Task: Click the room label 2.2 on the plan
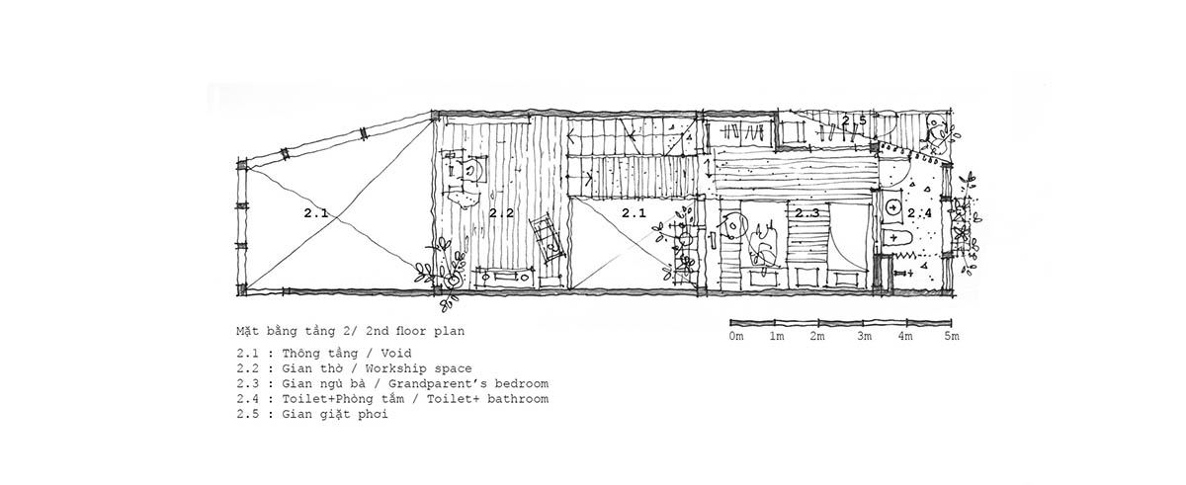(x=501, y=213)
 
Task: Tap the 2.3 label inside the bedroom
(x=806, y=213)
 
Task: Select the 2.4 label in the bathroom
(x=920, y=213)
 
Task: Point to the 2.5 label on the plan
(x=854, y=121)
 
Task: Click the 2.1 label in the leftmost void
(x=316, y=213)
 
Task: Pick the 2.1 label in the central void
(x=634, y=213)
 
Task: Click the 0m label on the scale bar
(x=736, y=337)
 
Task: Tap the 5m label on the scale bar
(x=952, y=337)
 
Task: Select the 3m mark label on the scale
(x=864, y=337)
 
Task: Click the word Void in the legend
(x=396, y=354)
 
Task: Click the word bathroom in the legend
(x=518, y=399)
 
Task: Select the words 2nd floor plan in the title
(x=414, y=332)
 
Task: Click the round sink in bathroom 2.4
(x=893, y=207)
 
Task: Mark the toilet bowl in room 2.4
(x=895, y=238)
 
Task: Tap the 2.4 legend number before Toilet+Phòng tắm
(x=248, y=399)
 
